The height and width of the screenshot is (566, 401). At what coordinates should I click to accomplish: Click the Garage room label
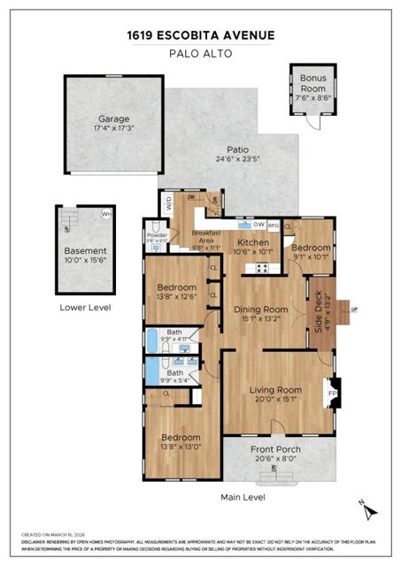point(113,119)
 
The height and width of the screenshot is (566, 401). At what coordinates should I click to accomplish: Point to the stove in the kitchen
point(262,266)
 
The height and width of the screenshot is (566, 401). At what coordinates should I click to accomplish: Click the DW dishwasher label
point(258,224)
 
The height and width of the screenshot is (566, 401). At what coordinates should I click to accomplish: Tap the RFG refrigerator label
point(274,225)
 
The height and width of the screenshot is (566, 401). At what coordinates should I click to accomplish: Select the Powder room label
point(157,234)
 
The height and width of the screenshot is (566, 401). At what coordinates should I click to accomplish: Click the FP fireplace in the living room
point(332,393)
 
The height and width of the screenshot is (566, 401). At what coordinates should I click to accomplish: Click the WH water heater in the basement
point(106,213)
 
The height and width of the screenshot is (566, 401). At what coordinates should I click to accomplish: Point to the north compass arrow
point(373,510)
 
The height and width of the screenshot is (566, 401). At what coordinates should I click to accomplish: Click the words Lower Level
point(84,308)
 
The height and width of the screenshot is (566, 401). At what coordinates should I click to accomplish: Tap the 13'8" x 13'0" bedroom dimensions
point(179,447)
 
